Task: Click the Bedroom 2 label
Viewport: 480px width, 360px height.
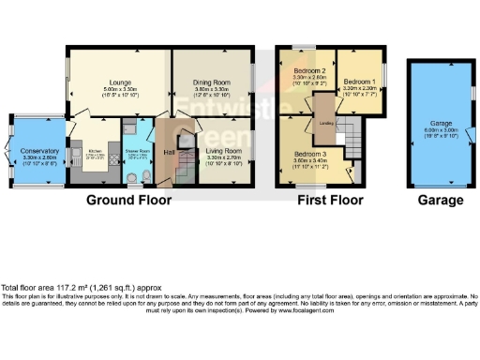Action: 309,72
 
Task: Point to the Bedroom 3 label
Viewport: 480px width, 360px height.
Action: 310,154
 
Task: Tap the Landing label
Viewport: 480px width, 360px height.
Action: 327,123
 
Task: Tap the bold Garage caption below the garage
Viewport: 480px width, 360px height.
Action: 439,200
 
